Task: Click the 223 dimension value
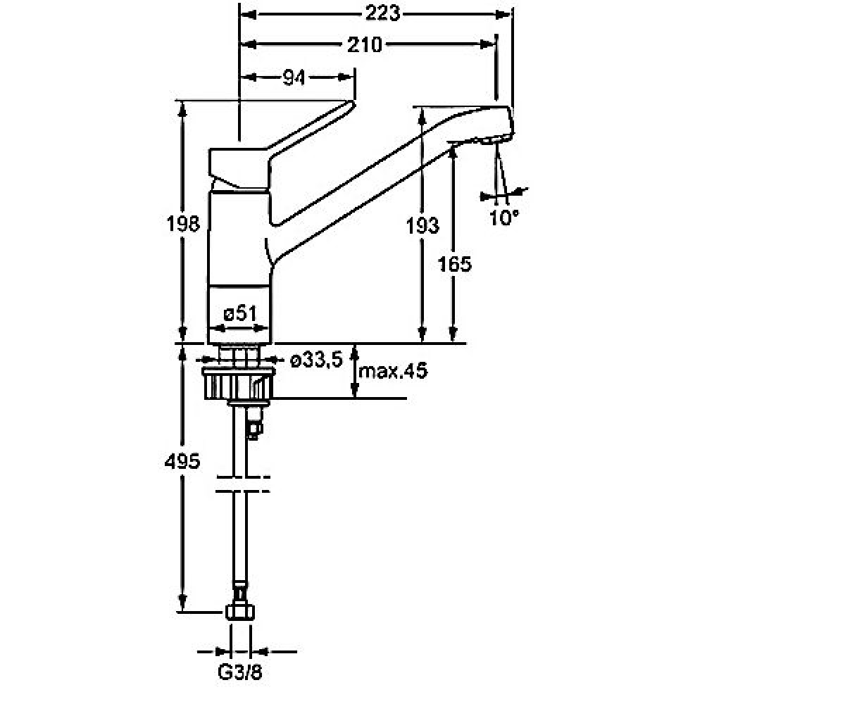[x=382, y=14]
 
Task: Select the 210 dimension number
[x=364, y=44]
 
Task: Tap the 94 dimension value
[x=294, y=77]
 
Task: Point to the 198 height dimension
[x=183, y=223]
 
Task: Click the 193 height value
[x=422, y=225]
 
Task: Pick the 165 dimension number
[x=454, y=264]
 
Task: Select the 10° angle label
[x=503, y=218]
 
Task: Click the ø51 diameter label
[x=240, y=313]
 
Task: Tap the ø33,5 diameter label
[x=316, y=359]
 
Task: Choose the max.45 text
[x=392, y=370]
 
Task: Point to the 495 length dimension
[x=182, y=461]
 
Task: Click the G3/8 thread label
[x=239, y=672]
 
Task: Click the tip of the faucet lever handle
[x=352, y=103]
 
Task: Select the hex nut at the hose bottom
[x=240, y=612]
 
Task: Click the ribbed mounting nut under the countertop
[x=239, y=384]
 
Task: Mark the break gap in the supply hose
[x=242, y=484]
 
